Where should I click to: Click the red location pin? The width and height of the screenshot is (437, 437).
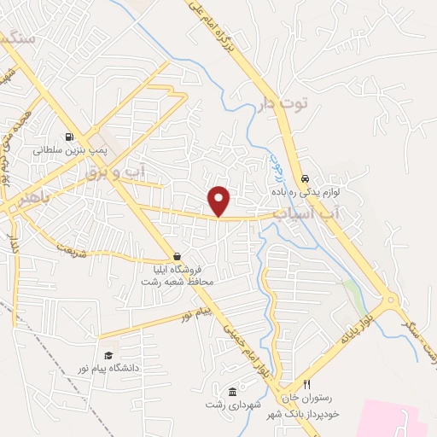pos(219,201)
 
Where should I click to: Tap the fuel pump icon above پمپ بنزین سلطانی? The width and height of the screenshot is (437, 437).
pos(68,136)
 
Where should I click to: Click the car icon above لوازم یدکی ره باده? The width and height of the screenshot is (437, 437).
pos(305,179)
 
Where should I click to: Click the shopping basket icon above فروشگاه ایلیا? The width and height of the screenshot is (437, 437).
pos(177,256)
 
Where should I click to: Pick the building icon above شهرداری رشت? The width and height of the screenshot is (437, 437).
pos(233,391)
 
